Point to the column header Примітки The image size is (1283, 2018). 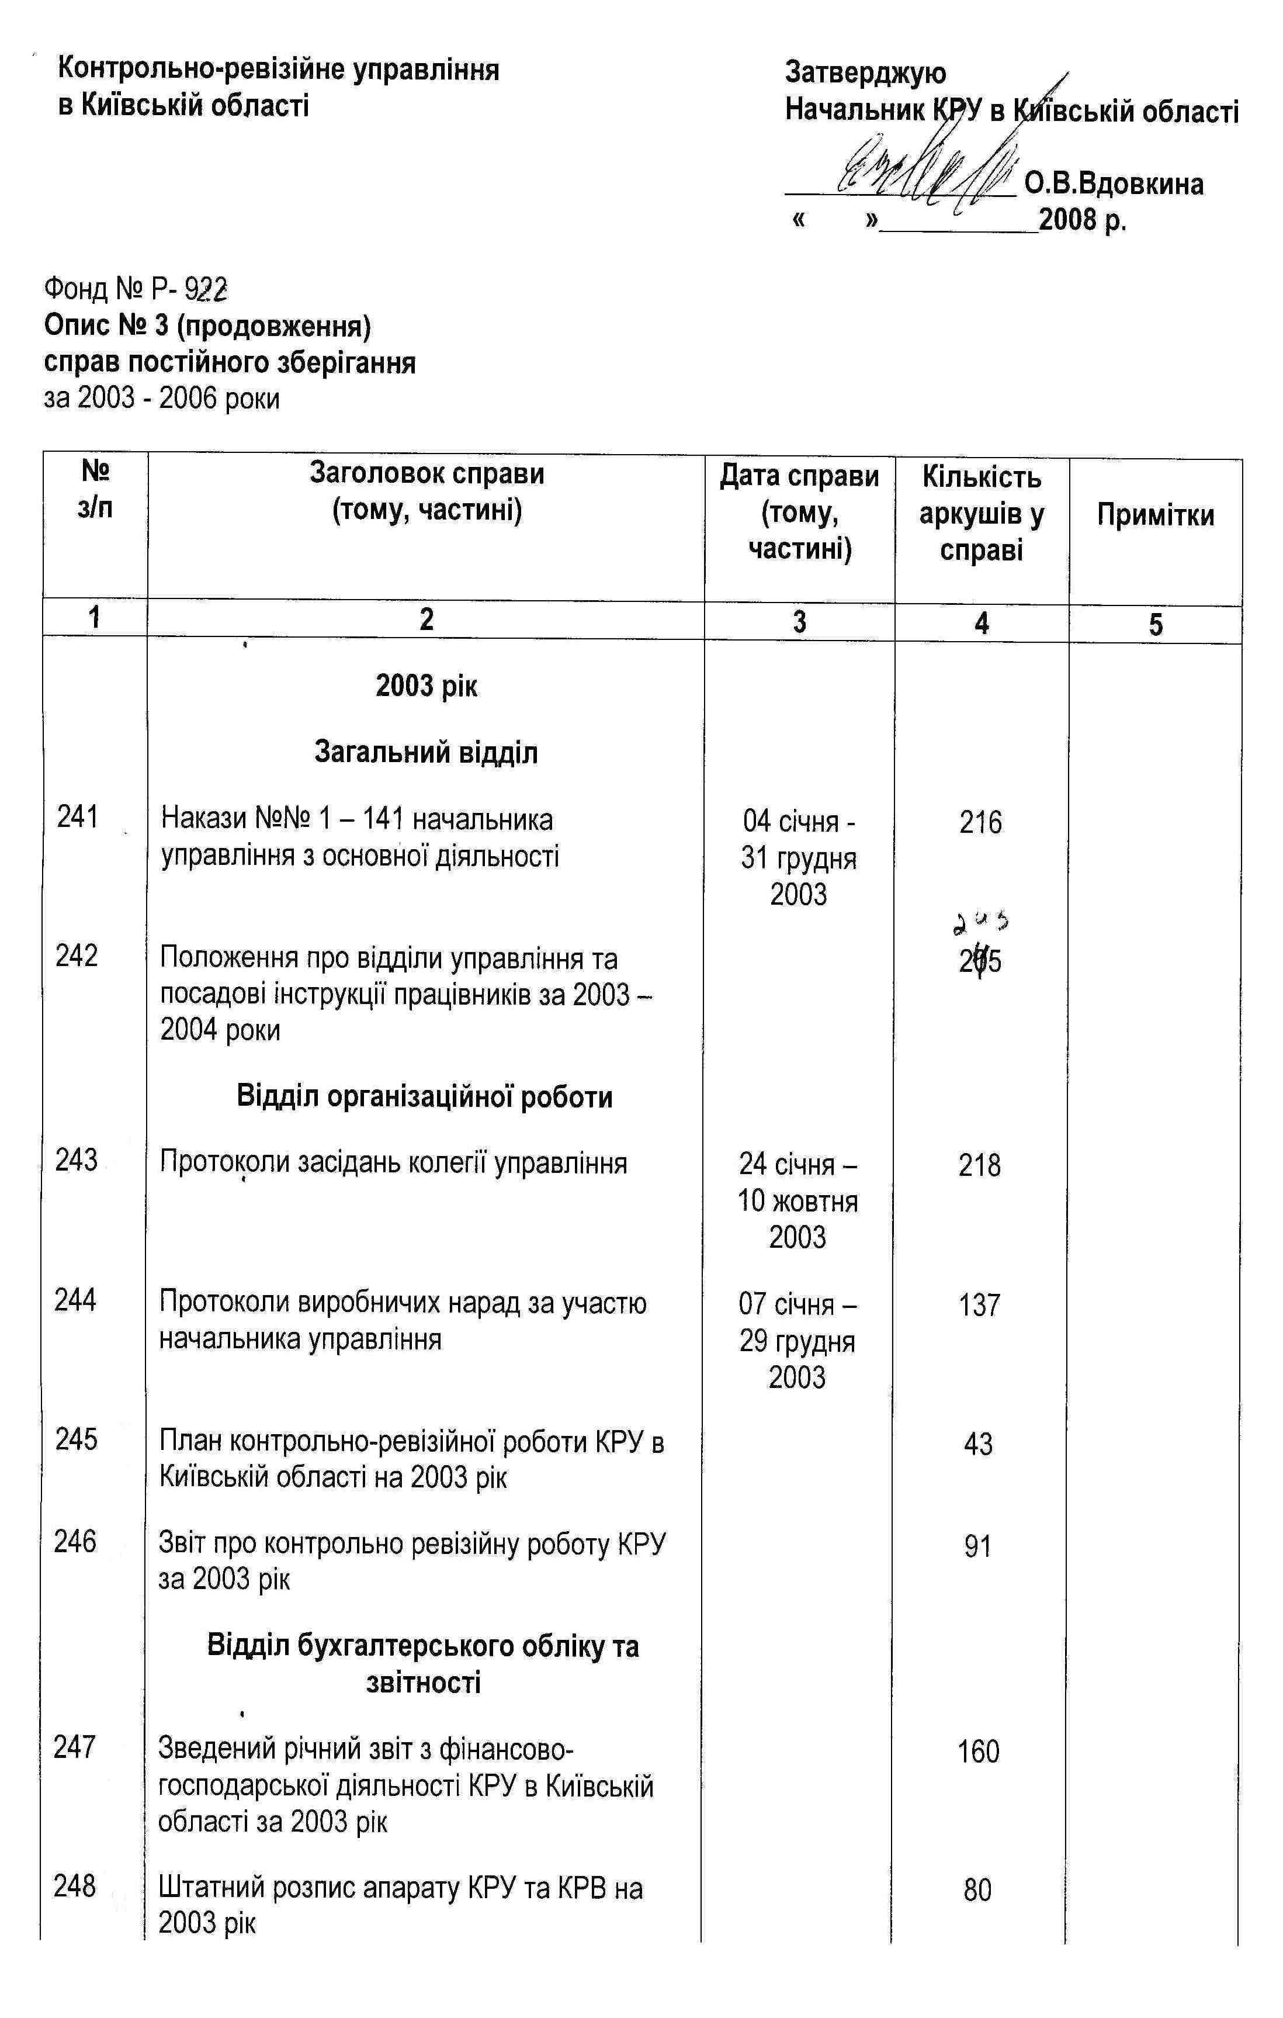[x=1155, y=514]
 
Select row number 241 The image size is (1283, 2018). [x=78, y=816]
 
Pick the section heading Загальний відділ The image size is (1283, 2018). [x=426, y=753]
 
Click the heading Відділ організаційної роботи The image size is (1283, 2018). [x=425, y=1096]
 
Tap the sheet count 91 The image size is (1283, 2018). [x=978, y=1546]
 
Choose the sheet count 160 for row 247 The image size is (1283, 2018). [x=979, y=1752]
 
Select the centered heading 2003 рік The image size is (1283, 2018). [x=426, y=686]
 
